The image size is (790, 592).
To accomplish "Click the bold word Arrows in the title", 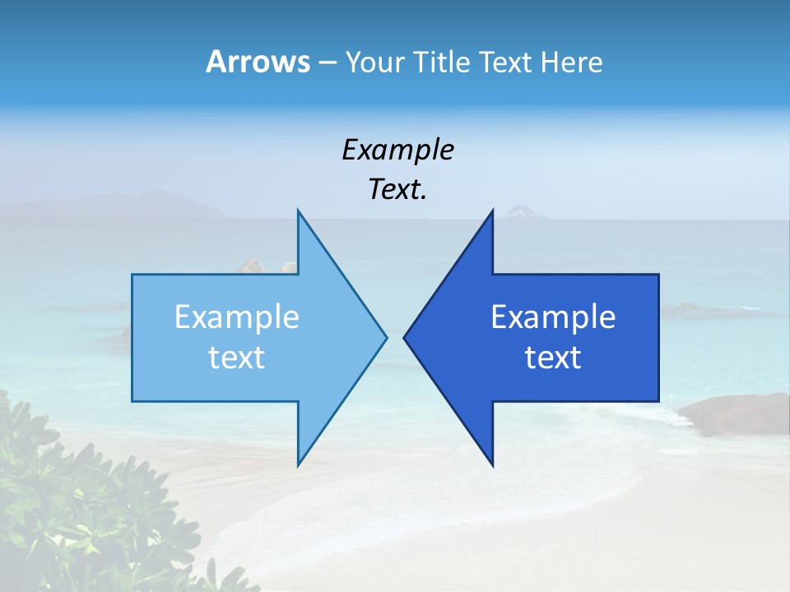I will [258, 62].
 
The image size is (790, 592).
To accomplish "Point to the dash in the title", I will [327, 62].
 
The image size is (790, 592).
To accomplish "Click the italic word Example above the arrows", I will [397, 150].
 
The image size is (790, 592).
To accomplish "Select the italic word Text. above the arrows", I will [397, 189].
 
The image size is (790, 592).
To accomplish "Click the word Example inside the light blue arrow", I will [237, 317].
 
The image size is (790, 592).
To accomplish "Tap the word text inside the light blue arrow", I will [237, 358].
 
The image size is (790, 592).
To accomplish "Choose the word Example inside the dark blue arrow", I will [553, 317].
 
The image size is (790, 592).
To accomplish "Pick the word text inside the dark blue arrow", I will [553, 358].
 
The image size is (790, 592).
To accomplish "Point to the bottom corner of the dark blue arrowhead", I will [492, 465].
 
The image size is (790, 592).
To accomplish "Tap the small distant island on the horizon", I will [524, 213].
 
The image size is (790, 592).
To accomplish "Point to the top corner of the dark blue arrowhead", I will [492, 211].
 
